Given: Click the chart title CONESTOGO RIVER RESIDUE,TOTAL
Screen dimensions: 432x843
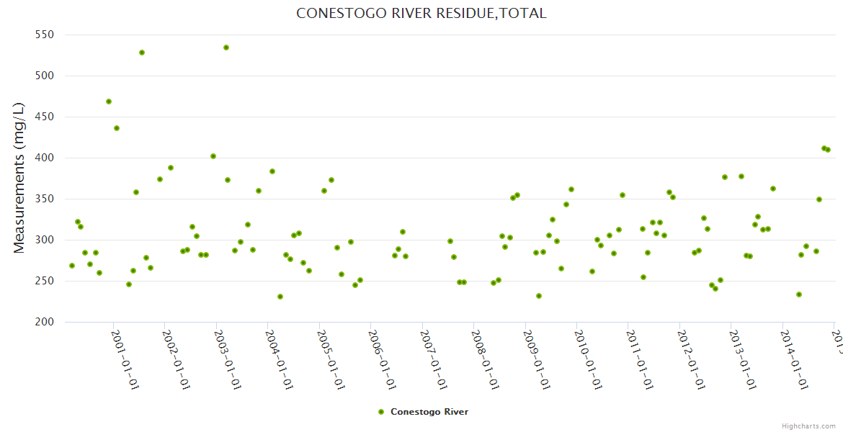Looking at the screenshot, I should pyautogui.click(x=421, y=13).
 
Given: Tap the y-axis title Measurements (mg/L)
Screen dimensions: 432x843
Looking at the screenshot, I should pyautogui.click(x=19, y=178).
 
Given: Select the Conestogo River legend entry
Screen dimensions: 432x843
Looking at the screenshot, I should pyautogui.click(x=429, y=412).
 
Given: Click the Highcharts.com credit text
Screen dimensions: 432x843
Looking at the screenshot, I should pyautogui.click(x=809, y=426).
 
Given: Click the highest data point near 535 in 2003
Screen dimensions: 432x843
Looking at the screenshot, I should pyautogui.click(x=226, y=48).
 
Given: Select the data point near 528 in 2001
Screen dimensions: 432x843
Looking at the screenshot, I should pyautogui.click(x=142, y=53).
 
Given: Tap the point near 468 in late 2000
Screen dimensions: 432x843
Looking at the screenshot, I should pyautogui.click(x=109, y=102).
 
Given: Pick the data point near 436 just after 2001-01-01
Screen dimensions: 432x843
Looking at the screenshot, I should pyautogui.click(x=117, y=128).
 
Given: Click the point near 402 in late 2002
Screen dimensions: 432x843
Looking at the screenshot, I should pyautogui.click(x=213, y=156).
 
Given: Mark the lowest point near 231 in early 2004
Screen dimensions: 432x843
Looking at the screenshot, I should pyautogui.click(x=280, y=297).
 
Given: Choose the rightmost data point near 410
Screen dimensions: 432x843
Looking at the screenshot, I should pyautogui.click(x=828, y=150).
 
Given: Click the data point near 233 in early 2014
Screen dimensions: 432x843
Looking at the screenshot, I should pyautogui.click(x=799, y=294).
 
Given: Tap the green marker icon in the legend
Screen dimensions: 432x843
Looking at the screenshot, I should pyautogui.click(x=381, y=412).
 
